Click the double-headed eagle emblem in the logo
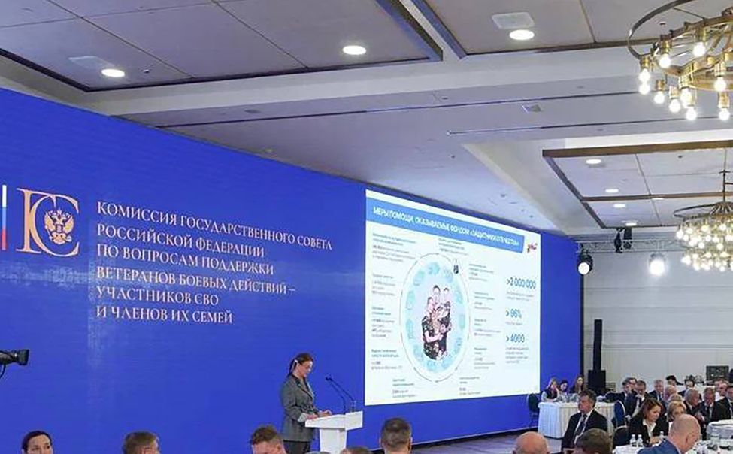[x=58, y=224]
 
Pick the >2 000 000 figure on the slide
[x=520, y=283]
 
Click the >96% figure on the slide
[x=516, y=313]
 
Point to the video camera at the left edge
[x=13, y=358]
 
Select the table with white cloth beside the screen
[x=559, y=417]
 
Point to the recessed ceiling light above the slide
[x=521, y=35]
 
